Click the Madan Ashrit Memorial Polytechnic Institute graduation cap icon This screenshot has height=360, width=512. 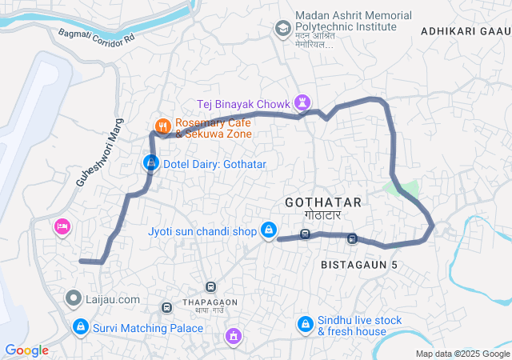pos(282,29)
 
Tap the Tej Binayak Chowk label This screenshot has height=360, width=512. pos(244,102)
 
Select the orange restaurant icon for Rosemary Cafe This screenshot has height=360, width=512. pos(162,126)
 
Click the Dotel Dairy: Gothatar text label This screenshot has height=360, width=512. pos(214,164)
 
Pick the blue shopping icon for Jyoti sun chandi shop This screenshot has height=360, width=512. pos(270,231)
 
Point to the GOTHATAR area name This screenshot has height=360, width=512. pos(322,202)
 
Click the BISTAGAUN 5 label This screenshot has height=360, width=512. pos(358,264)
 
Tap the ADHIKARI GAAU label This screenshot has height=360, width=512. pos(463,30)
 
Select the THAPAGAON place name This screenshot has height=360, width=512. pos(209,302)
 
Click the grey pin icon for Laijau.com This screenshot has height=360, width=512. pos(74,299)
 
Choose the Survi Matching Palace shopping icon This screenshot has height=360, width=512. pos(80,326)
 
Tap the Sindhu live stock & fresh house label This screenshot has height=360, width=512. pos(359,326)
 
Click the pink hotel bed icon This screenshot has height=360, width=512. pos(62,228)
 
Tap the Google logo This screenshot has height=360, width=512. pos(26,350)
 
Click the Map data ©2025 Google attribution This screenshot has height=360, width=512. pos(462,354)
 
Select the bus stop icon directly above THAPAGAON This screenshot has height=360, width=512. pos(210,286)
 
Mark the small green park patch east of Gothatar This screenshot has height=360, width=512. pos(405,189)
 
